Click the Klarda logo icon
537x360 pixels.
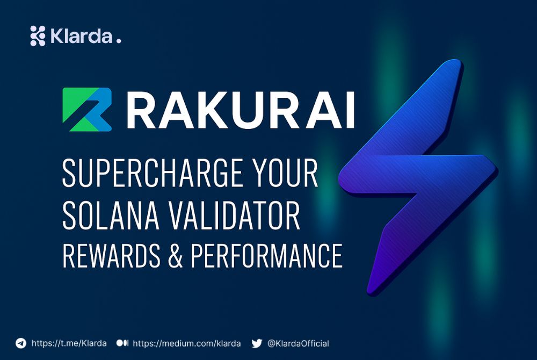[x=38, y=35]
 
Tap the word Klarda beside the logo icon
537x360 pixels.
[x=81, y=36]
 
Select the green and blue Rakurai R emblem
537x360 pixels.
[x=87, y=110]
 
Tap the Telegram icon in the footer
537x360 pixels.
[x=21, y=343]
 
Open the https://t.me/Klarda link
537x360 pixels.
[x=69, y=343]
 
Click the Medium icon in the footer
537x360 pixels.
[x=122, y=343]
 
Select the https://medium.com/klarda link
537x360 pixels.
[x=186, y=343]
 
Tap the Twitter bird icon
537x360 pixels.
[x=257, y=343]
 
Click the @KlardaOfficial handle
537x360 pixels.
[x=298, y=343]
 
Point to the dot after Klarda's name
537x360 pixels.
[x=119, y=41]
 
